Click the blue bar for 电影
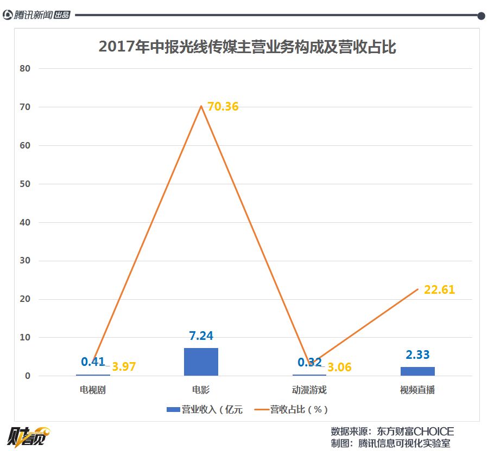click(x=201, y=362)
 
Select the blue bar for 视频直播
click(x=417, y=371)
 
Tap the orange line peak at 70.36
click(x=201, y=106)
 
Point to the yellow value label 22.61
click(x=439, y=290)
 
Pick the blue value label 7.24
click(x=201, y=336)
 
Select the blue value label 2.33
click(x=417, y=355)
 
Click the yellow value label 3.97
click(x=124, y=367)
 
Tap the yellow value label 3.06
click(x=339, y=368)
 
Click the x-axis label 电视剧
click(x=93, y=390)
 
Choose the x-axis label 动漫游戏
click(x=309, y=390)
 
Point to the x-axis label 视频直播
click(x=417, y=390)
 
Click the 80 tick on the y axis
click(x=26, y=69)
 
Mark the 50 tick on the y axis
click(x=26, y=184)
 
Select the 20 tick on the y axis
click(x=26, y=299)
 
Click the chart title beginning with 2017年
click(x=248, y=47)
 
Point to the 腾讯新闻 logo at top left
click(x=36, y=15)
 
